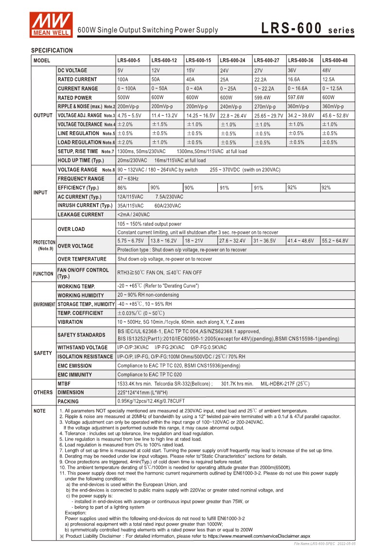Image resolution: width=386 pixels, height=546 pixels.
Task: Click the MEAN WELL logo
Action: pos(51,24)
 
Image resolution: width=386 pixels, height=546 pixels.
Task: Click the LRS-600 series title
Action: pos(308,29)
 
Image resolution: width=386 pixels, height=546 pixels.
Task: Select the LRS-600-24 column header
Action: pos(232,61)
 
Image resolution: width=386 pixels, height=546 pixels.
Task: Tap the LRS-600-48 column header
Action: pos(335,61)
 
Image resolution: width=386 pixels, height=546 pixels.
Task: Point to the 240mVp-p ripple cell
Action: pos(231,106)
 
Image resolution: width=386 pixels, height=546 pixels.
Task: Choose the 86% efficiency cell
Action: pos(122,188)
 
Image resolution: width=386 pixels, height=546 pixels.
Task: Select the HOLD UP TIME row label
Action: pos(81,160)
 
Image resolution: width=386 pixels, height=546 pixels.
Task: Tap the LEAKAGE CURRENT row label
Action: pos(81,214)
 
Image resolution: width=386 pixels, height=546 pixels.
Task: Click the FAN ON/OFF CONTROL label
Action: pos(83,273)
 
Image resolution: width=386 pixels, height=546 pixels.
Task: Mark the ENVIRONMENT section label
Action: pos(44,304)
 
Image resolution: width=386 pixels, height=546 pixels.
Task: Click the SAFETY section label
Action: pos(43,353)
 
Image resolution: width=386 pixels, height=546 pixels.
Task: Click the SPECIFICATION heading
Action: pos(52,51)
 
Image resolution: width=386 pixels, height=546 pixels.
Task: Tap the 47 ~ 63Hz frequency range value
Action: pos(128,179)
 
